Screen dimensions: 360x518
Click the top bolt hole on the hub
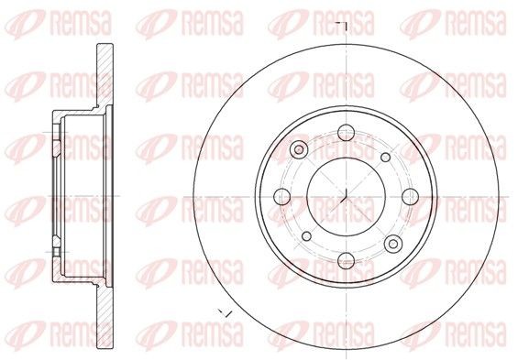[344, 135]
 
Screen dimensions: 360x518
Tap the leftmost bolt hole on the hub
[281, 197]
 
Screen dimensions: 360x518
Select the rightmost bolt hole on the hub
[406, 197]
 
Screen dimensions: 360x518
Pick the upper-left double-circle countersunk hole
[297, 150]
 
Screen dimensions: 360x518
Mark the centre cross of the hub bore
[344, 197]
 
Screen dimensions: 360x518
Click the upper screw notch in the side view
[55, 144]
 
